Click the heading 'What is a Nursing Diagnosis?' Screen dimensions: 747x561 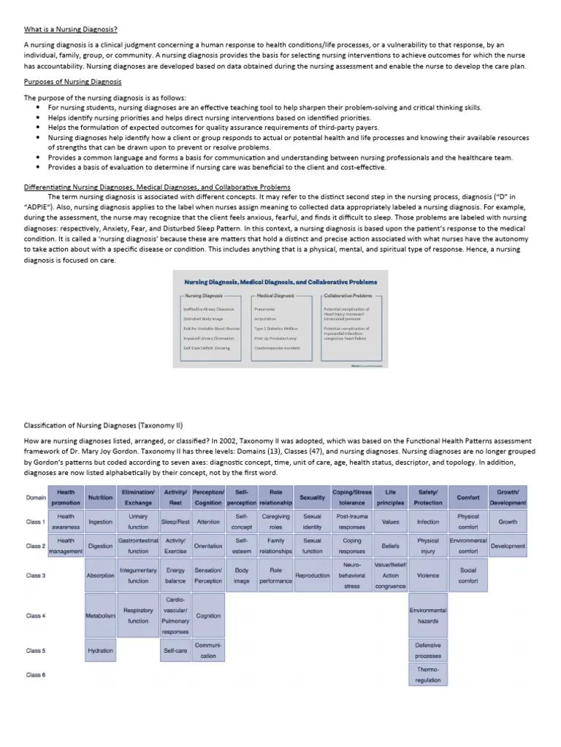click(x=71, y=29)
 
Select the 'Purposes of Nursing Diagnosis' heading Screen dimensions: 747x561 click(x=73, y=82)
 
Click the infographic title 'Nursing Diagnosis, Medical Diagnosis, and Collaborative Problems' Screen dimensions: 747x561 click(x=280, y=282)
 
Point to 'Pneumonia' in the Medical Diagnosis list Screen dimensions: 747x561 click(x=265, y=309)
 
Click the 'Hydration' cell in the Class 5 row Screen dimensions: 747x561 click(x=100, y=651)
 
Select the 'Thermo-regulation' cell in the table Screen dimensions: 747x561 click(x=428, y=675)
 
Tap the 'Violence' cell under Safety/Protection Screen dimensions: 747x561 click(x=428, y=576)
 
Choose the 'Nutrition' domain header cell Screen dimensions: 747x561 click(x=100, y=498)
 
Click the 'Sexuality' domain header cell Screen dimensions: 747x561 click(x=312, y=498)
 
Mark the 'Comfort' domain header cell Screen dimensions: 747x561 click(x=468, y=498)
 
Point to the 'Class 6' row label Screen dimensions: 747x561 click(x=36, y=675)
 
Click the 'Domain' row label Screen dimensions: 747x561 click(x=36, y=498)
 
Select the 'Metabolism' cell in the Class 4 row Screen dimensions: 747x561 click(x=100, y=616)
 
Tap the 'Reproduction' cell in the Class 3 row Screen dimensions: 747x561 click(x=312, y=576)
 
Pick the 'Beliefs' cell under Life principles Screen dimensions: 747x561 click(x=390, y=546)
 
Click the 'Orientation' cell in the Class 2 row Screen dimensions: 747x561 click(x=208, y=546)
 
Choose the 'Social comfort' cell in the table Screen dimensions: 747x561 click(x=468, y=576)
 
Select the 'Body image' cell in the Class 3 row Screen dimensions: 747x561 click(x=242, y=576)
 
